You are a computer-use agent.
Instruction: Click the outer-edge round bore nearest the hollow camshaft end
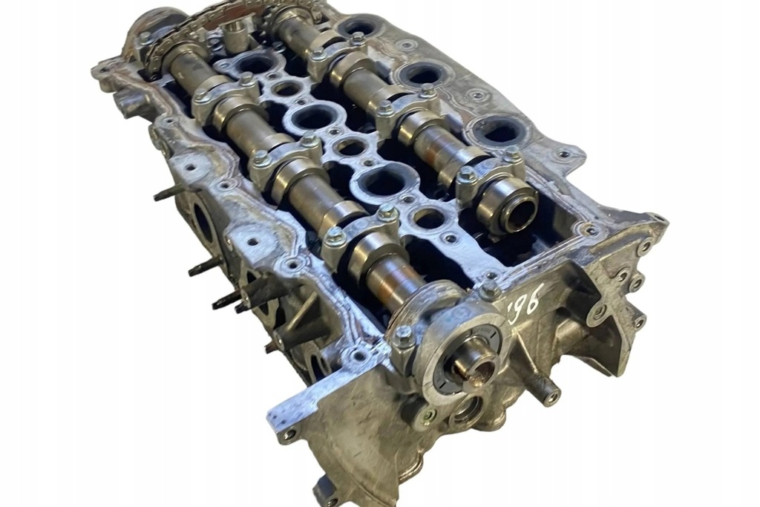pyautogui.click(x=501, y=132)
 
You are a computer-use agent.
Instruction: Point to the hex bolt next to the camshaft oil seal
pyautogui.click(x=403, y=338)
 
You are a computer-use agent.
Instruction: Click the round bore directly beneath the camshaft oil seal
pyautogui.click(x=468, y=409)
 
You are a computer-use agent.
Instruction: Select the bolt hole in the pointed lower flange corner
pyautogui.click(x=286, y=435)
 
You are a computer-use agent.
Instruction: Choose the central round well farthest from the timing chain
pyautogui.click(x=428, y=218)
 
